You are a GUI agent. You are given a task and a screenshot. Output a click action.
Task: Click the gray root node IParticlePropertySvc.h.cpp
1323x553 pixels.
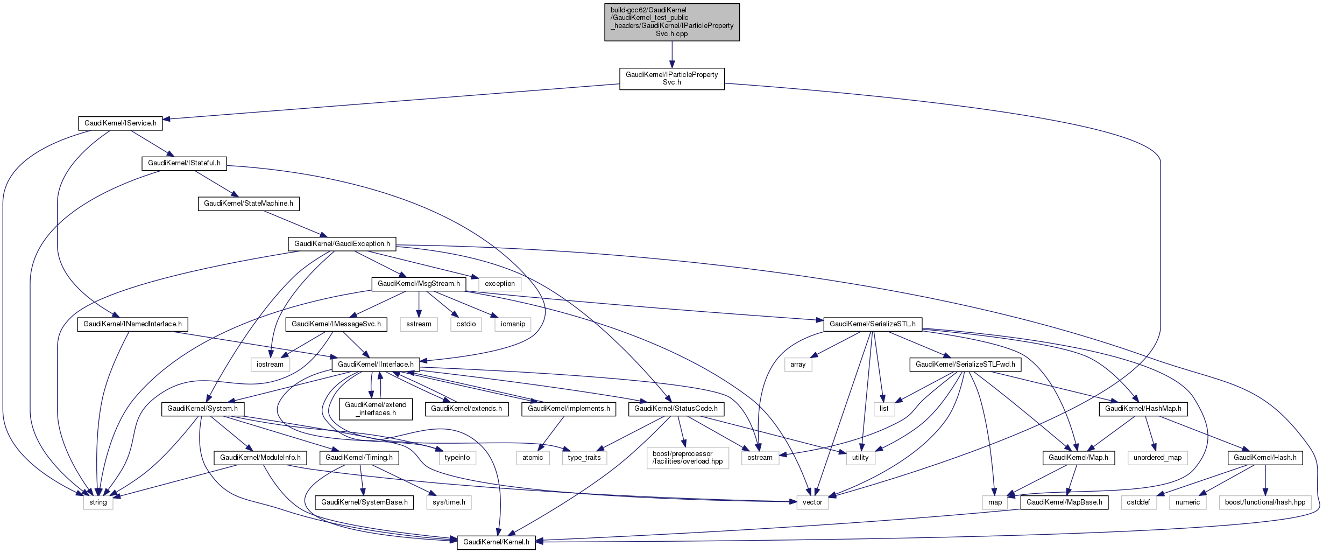(671, 22)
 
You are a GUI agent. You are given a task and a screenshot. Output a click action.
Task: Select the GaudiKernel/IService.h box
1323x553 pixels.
(121, 123)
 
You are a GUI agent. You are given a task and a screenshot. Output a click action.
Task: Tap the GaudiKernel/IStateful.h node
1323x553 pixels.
(184, 163)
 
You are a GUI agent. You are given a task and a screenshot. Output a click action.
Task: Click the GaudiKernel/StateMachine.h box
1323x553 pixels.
(249, 204)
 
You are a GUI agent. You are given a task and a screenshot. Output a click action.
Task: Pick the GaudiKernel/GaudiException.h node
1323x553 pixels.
(342, 244)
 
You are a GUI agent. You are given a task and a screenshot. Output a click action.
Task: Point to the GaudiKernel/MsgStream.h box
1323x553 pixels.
(419, 284)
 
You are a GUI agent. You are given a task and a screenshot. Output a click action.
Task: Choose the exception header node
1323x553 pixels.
(499, 284)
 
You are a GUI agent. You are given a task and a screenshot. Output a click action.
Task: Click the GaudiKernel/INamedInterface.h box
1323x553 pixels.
(132, 324)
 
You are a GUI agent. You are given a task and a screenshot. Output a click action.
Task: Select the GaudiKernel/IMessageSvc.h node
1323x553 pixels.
(336, 324)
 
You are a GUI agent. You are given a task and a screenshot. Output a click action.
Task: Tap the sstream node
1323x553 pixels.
(419, 324)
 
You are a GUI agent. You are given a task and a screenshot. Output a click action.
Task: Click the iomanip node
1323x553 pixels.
(513, 324)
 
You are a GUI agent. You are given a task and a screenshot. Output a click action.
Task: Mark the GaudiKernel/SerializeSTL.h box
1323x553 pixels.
(872, 324)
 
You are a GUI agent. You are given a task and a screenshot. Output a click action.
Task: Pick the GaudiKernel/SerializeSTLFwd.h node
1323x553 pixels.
(965, 365)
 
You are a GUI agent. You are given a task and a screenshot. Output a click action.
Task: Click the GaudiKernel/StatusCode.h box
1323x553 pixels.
(676, 409)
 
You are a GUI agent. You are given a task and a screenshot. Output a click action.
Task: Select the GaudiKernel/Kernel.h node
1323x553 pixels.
(496, 542)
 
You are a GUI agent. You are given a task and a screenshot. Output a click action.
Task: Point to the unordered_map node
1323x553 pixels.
(1157, 458)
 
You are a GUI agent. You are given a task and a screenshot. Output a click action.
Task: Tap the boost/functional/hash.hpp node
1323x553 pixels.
(1265, 502)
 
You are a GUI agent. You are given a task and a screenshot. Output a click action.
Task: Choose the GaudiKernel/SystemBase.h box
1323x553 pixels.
(364, 502)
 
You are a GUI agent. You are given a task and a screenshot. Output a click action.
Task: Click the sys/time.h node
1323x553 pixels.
(449, 502)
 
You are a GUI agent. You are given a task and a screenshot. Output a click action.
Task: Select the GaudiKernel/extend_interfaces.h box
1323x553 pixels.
(376, 409)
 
